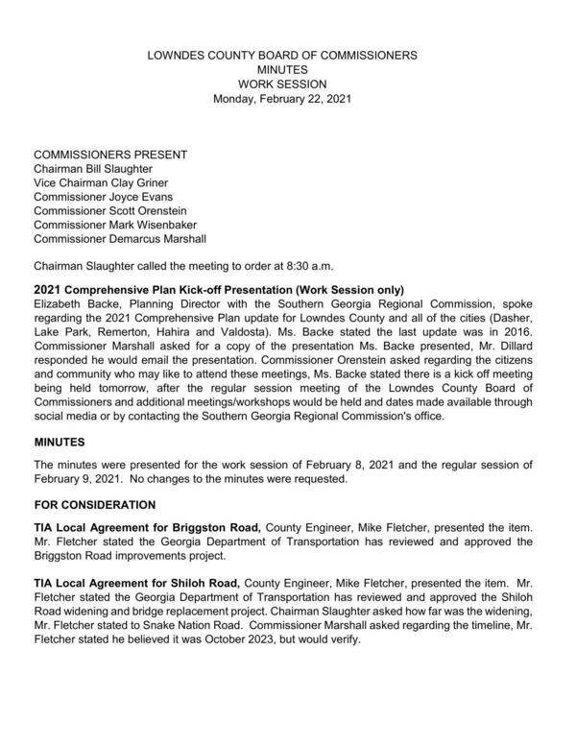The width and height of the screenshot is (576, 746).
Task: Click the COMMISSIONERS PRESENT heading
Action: click(110, 155)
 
